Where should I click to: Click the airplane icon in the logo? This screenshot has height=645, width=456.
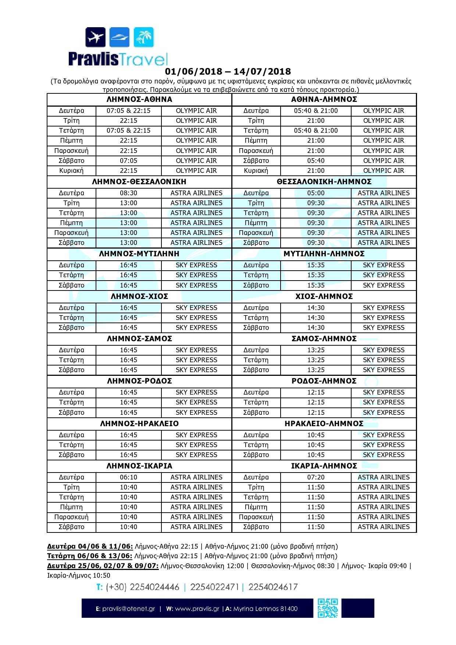(x=96, y=37)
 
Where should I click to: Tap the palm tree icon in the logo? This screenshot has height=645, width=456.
(x=144, y=37)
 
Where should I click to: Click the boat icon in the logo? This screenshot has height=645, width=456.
(x=120, y=37)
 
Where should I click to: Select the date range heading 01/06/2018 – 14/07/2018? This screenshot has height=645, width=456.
(x=228, y=71)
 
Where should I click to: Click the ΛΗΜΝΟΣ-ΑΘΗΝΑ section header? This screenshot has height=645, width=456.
(x=139, y=99)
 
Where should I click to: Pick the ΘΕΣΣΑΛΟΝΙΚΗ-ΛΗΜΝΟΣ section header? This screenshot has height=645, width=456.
(x=324, y=182)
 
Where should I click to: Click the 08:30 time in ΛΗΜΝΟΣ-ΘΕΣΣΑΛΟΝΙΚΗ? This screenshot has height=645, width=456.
(x=128, y=193)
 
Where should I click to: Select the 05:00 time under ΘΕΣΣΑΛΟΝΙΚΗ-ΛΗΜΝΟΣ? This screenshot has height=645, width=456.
(x=316, y=193)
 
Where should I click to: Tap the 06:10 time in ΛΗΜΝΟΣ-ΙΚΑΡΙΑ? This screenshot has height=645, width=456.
(x=128, y=477)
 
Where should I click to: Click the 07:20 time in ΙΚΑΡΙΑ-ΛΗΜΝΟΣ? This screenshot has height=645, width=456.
(x=316, y=477)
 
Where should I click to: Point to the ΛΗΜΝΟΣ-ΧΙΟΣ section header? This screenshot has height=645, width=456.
(x=139, y=296)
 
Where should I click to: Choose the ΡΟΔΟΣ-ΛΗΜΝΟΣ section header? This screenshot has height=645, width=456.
(x=324, y=381)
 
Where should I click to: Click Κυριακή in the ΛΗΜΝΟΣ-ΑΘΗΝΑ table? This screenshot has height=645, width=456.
(x=71, y=171)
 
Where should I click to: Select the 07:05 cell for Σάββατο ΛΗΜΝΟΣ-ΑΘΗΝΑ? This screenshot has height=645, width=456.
(x=128, y=161)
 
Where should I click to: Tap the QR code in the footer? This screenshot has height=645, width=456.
(x=328, y=608)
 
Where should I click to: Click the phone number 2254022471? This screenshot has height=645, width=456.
(x=214, y=587)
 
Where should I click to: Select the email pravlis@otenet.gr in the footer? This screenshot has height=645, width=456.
(x=128, y=609)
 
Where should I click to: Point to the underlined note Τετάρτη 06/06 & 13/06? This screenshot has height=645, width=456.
(x=89, y=556)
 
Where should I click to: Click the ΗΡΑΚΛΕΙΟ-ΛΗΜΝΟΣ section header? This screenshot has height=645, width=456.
(x=324, y=424)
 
